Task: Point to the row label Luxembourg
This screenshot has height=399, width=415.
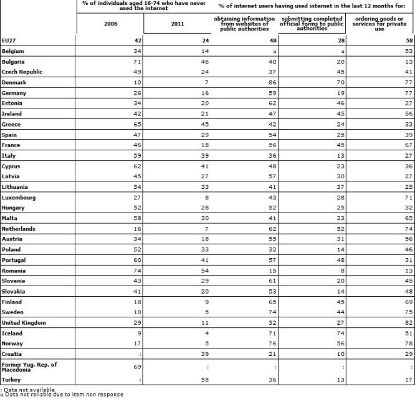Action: tap(18, 198)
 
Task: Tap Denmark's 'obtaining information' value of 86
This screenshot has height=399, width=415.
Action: tap(271, 81)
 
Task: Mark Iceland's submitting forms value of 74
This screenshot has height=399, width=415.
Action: tap(339, 333)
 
